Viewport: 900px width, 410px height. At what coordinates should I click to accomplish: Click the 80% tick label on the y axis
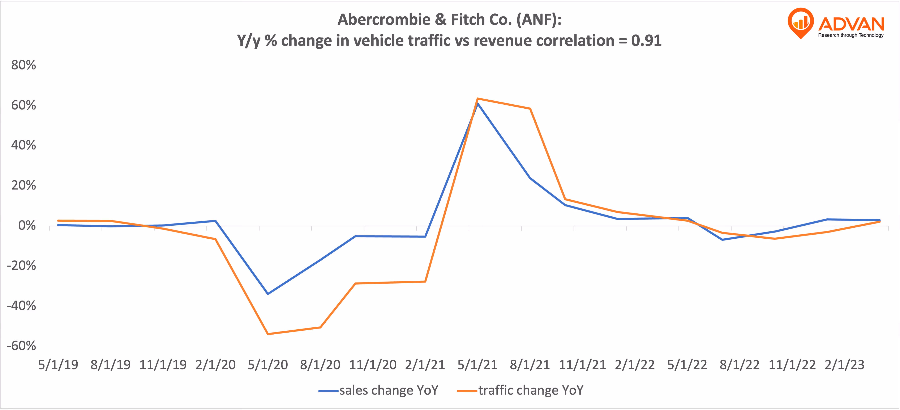coord(23,65)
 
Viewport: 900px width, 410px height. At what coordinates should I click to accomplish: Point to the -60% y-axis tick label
coord(21,346)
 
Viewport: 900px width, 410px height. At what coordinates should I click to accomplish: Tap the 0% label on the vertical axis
coord(27,226)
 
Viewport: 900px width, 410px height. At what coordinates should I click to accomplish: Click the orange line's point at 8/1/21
coord(530,109)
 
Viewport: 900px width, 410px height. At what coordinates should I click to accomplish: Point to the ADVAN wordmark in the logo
coord(851,24)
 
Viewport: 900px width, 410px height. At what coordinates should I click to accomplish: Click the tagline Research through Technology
coord(851,35)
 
